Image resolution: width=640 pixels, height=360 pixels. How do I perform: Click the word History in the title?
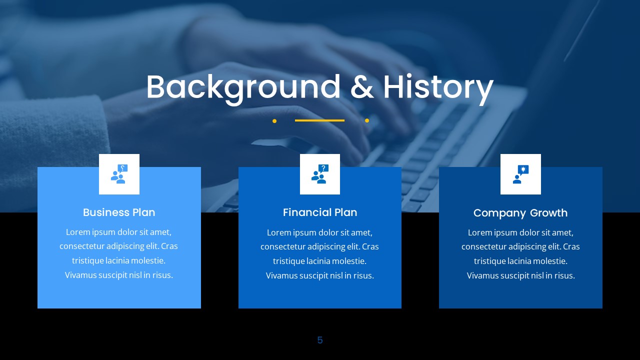pyautogui.click(x=438, y=87)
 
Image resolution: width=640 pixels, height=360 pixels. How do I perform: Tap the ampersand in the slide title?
pyautogui.click(x=362, y=87)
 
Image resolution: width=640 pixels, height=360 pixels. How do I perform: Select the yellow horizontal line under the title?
pyautogui.click(x=319, y=120)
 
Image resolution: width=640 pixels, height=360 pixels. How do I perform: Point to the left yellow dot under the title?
pyautogui.click(x=274, y=120)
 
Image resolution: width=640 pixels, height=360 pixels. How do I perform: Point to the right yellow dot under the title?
pyautogui.click(x=367, y=120)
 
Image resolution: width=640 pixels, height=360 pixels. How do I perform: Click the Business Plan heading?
pyautogui.click(x=119, y=212)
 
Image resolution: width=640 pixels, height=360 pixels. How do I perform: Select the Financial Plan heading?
pyautogui.click(x=320, y=212)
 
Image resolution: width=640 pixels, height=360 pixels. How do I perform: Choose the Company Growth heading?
pyautogui.click(x=520, y=213)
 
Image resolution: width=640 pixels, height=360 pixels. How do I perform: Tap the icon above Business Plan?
pyautogui.click(x=119, y=174)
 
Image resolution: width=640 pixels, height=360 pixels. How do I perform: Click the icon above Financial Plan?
pyautogui.click(x=320, y=174)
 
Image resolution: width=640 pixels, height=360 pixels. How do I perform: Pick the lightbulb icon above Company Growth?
pyautogui.click(x=520, y=174)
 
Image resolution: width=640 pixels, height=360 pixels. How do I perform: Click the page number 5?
pyautogui.click(x=320, y=340)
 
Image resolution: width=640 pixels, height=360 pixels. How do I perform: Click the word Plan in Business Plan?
pyautogui.click(x=143, y=212)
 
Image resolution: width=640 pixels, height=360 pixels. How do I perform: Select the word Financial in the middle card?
pyautogui.click(x=305, y=212)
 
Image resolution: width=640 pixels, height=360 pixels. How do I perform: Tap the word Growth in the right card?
pyautogui.click(x=548, y=213)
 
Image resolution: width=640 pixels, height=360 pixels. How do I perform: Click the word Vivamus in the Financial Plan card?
pyautogui.click(x=281, y=275)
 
